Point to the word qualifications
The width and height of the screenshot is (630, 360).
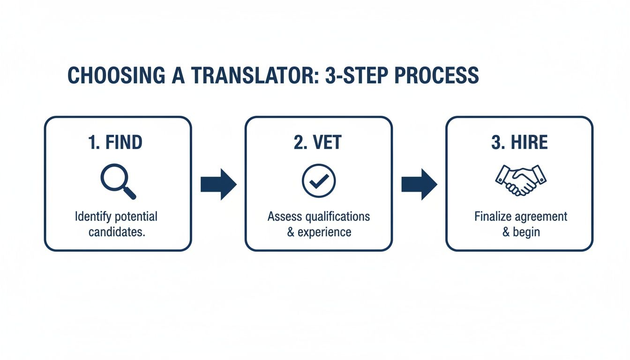(338, 217)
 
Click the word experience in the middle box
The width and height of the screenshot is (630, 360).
(325, 232)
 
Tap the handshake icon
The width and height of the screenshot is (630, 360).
(520, 180)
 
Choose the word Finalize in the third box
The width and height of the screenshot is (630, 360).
(492, 217)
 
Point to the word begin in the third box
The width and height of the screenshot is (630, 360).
(527, 232)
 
